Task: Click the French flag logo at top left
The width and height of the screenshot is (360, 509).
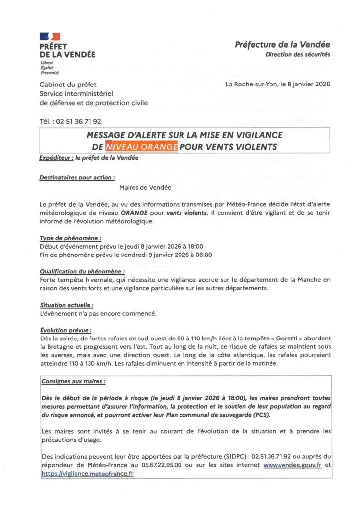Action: coord(50,36)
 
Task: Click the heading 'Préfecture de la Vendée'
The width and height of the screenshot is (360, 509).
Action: coord(282,44)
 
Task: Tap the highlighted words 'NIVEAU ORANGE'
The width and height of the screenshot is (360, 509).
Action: coord(141,147)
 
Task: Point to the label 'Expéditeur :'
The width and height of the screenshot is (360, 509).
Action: coord(56,158)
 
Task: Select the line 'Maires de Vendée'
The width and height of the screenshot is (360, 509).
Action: coord(145,188)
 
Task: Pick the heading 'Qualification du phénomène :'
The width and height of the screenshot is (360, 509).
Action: coord(82,272)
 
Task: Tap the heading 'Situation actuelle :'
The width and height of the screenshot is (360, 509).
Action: coord(67,305)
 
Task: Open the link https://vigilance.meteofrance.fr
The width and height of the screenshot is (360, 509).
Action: coord(88,474)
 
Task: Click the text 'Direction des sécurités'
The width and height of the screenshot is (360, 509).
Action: coord(297,55)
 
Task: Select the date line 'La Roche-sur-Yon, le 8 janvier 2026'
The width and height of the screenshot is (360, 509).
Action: coord(277,84)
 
